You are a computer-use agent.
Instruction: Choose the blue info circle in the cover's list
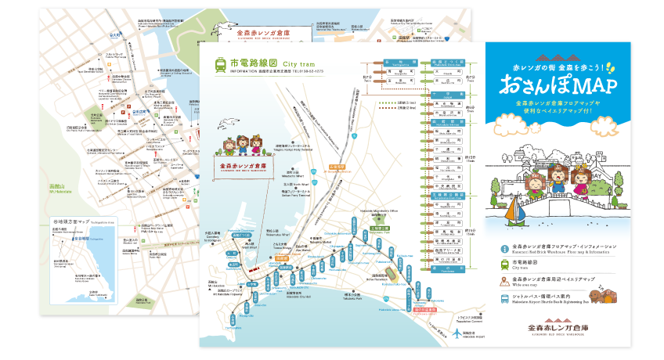(x=502, y=247)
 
